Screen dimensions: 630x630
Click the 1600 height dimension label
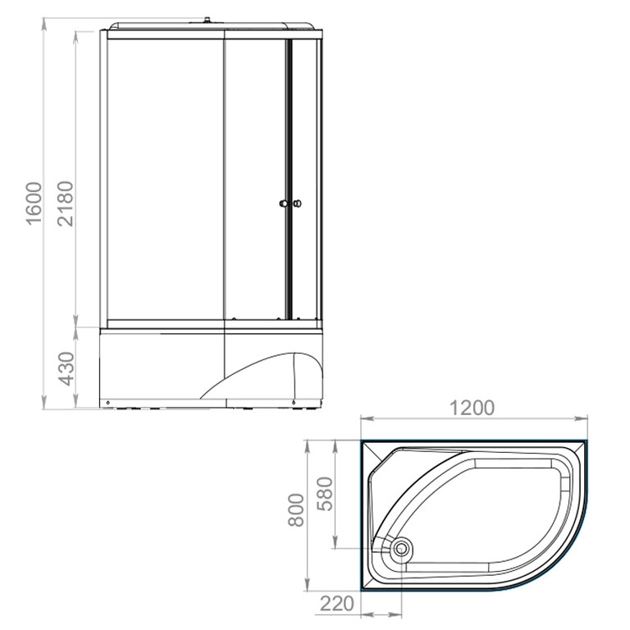[34, 203]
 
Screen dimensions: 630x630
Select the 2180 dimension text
[66, 203]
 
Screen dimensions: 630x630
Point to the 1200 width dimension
[472, 408]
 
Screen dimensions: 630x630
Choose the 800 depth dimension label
[296, 510]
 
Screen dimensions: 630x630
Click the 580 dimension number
[325, 494]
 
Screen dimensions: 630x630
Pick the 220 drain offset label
[336, 603]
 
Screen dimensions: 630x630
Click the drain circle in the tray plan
[401, 548]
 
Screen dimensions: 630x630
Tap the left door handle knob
[284, 203]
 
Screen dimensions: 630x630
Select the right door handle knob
[297, 203]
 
